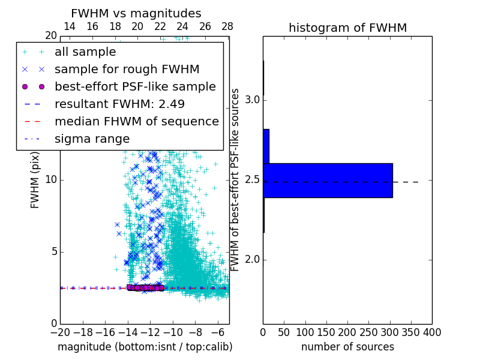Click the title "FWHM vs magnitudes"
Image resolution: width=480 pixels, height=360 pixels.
click(136, 13)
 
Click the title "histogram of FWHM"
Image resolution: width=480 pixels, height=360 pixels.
click(347, 28)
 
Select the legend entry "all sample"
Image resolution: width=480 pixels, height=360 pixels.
click(85, 52)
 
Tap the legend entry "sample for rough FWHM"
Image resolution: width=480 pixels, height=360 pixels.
click(127, 69)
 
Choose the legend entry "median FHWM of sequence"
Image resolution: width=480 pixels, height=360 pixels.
click(136, 121)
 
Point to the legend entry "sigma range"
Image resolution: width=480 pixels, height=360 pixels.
click(92, 139)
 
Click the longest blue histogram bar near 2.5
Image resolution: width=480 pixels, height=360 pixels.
click(328, 180)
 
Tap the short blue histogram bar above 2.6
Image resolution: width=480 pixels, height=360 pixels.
click(266, 146)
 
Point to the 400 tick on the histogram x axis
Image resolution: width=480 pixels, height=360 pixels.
click(432, 332)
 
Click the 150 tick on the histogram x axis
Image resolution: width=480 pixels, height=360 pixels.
click(326, 332)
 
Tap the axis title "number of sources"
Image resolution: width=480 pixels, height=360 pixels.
click(347, 347)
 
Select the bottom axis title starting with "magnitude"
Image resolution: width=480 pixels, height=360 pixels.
click(145, 347)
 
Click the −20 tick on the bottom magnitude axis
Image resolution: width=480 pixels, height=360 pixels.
click(60, 332)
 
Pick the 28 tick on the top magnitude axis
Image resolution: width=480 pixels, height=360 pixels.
click(227, 26)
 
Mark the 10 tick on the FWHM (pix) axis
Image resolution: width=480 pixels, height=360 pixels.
click(51, 180)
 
